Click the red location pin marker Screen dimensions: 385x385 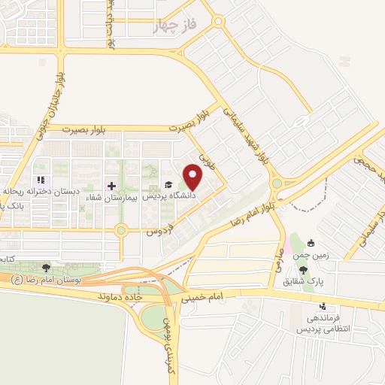[x=193, y=177]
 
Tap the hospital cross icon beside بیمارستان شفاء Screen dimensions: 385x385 [x=111, y=185]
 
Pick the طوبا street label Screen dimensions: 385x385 [x=203, y=161]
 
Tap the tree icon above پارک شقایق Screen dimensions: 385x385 [x=303, y=270]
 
